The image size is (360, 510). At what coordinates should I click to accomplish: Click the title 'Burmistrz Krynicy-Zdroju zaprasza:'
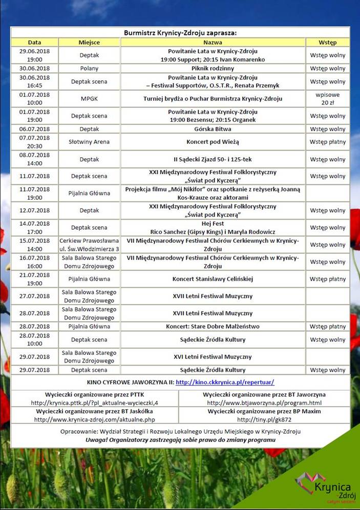coord(180,33)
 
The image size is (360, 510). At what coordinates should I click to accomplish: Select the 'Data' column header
coord(34,42)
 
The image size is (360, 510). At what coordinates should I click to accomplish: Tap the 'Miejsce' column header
coord(89,42)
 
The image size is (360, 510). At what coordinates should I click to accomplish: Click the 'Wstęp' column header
coord(327,42)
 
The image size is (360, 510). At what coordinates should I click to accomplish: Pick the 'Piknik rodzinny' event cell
coord(213,68)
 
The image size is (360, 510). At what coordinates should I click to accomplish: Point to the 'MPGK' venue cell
coord(89,99)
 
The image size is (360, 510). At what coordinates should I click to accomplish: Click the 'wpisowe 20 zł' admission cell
coord(327,99)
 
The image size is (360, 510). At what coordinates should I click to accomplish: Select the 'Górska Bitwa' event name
coord(213,129)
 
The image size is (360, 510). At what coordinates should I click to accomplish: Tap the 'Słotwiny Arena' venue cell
coord(89,142)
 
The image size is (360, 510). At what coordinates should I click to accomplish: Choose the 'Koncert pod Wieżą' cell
coord(213,142)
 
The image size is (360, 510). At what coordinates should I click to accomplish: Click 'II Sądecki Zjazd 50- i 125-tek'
coord(213,159)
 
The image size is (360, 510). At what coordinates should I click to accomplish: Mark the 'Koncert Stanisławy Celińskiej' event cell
coord(213,279)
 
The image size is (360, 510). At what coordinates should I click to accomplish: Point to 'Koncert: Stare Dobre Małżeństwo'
coord(213,326)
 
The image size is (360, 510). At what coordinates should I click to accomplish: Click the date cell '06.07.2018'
coord(34,129)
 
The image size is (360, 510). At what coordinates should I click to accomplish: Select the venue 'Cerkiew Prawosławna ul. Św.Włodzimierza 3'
coord(89,245)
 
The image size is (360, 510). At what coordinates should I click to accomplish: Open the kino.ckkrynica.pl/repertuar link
coord(225,383)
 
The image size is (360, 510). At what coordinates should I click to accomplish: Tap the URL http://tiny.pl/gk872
coord(264,419)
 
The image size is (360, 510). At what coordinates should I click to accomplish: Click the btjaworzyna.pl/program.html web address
coord(264,403)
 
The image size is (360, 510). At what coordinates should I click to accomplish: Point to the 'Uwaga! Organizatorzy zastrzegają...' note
coord(180,440)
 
